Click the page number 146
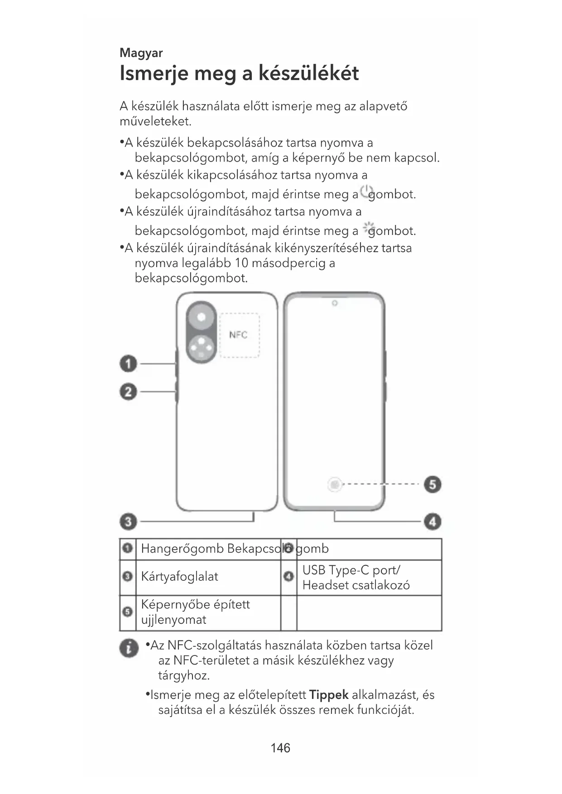click(x=280, y=748)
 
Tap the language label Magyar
click(x=141, y=53)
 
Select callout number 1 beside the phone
click(x=128, y=364)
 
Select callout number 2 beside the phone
click(x=128, y=392)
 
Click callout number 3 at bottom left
click(x=128, y=521)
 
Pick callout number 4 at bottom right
click(x=432, y=521)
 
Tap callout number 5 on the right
click(x=432, y=484)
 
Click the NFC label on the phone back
click(x=238, y=335)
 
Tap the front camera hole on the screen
click(x=334, y=303)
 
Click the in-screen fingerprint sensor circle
click(x=335, y=485)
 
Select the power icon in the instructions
click(x=366, y=192)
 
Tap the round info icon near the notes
click(x=129, y=649)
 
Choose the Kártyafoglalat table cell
click(x=180, y=577)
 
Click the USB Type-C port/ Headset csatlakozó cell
click(x=356, y=578)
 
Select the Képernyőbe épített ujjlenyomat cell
click(x=196, y=612)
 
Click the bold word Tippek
click(x=328, y=694)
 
